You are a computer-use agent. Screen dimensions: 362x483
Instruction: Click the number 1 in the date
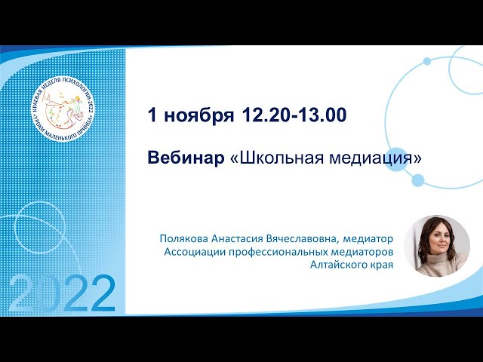152,115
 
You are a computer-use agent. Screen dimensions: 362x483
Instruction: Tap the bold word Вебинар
186,158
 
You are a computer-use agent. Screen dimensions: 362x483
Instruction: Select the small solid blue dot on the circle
417,180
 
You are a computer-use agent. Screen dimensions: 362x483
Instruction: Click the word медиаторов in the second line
363,252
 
